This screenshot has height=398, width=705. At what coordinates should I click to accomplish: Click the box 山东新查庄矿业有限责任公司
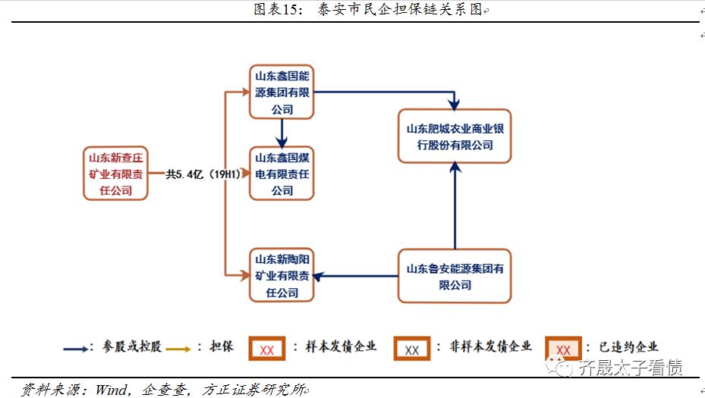tap(115, 174)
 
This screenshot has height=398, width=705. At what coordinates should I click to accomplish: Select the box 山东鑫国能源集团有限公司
tap(282, 92)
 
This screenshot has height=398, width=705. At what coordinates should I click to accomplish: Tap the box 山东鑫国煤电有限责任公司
tap(282, 174)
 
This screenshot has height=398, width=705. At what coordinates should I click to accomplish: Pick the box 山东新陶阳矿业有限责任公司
tap(282, 275)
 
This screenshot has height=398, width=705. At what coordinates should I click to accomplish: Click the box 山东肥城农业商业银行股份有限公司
tap(455, 136)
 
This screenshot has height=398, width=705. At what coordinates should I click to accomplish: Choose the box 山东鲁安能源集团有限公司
tap(455, 276)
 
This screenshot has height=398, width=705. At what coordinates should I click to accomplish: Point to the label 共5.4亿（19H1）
tap(203, 174)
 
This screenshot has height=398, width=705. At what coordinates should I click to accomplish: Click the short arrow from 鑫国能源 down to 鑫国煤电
tap(282, 133)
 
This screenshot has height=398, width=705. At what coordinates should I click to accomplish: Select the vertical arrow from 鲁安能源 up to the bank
tap(455, 206)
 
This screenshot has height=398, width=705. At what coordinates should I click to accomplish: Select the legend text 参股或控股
tap(123, 347)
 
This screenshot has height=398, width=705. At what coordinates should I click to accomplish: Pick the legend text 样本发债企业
tap(341, 347)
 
